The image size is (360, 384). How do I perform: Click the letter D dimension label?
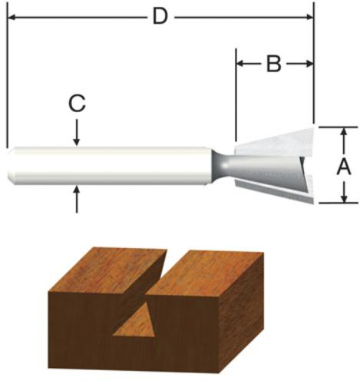pyautogui.click(x=160, y=16)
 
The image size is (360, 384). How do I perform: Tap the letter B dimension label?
pyautogui.click(x=273, y=64)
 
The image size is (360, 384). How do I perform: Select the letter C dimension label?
pyautogui.click(x=77, y=104)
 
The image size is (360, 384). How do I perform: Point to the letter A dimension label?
pyautogui.click(x=344, y=167)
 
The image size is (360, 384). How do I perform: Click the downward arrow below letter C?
pyautogui.click(x=76, y=132)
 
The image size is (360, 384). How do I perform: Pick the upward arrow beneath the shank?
pyautogui.click(x=77, y=200)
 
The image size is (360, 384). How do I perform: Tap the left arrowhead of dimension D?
pyautogui.click(x=13, y=17)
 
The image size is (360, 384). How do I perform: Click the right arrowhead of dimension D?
pyautogui.click(x=309, y=17)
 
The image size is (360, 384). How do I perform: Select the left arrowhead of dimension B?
pyautogui.click(x=241, y=64)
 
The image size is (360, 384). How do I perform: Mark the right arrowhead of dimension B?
pyautogui.click(x=309, y=64)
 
